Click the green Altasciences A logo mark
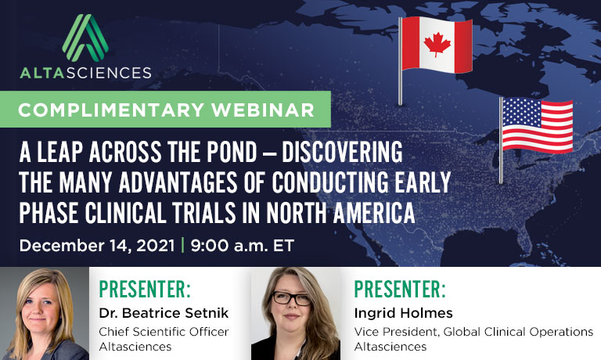click(x=85, y=38)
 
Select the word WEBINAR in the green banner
click(x=263, y=110)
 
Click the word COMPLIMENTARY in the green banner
click(x=111, y=110)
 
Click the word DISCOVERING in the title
click(x=342, y=152)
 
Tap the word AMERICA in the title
click(x=374, y=213)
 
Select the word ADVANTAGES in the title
click(x=178, y=182)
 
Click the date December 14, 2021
click(x=97, y=246)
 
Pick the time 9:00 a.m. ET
click(x=243, y=246)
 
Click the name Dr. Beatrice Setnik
click(x=164, y=313)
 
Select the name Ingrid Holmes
click(x=403, y=313)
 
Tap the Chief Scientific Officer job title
click(x=164, y=332)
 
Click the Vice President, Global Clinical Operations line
click(x=473, y=332)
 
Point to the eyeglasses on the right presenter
click(x=291, y=298)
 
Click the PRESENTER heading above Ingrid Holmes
click(x=400, y=289)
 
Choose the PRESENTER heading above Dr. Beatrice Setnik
click(x=145, y=289)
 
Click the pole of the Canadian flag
click(x=400, y=61)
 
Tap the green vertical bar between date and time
click(x=182, y=245)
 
